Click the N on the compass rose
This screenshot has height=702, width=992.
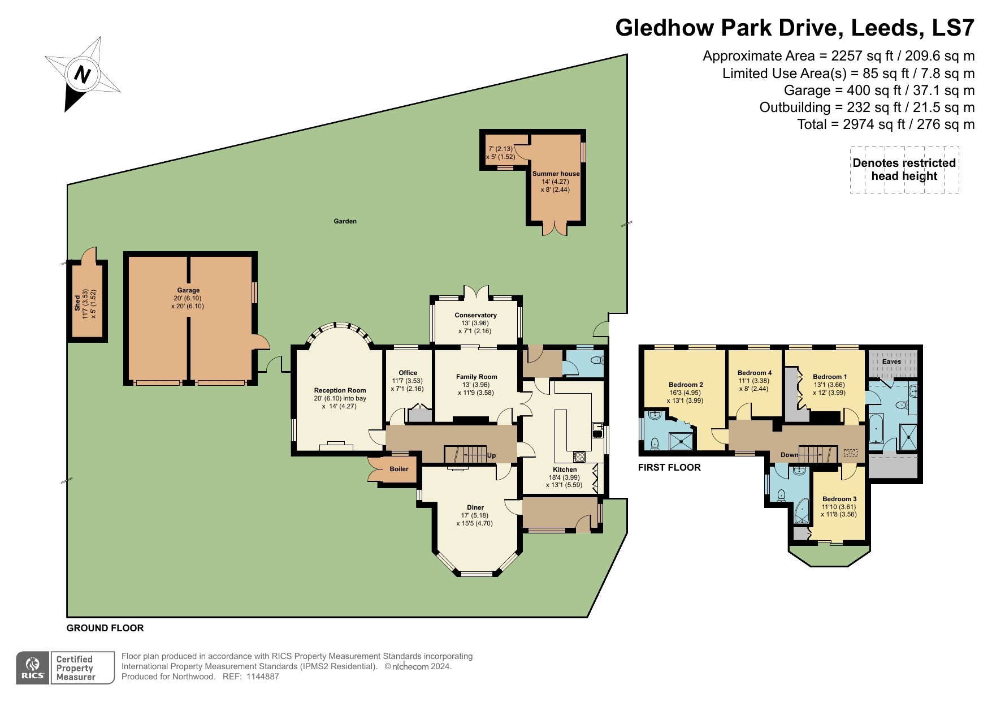click(x=83, y=74)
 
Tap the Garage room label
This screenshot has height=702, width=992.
click(x=188, y=290)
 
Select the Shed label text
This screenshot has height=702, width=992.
click(x=77, y=303)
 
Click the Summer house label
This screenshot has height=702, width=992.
click(x=556, y=174)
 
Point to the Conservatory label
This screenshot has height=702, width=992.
click(x=475, y=315)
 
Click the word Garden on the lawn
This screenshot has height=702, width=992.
click(x=345, y=221)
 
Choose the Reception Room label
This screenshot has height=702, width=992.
click(x=340, y=390)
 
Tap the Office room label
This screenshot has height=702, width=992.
click(x=408, y=373)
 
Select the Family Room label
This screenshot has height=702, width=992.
click(x=476, y=377)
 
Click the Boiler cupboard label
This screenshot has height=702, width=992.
click(x=398, y=469)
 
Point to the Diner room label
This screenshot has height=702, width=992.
click(x=475, y=507)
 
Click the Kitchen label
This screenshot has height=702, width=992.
click(x=565, y=470)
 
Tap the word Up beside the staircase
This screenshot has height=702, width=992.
click(x=491, y=455)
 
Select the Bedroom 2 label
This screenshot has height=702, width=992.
click(x=686, y=385)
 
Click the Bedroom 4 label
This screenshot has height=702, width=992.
click(x=754, y=373)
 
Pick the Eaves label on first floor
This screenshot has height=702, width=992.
click(x=891, y=361)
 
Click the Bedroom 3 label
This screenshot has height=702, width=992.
click(x=839, y=499)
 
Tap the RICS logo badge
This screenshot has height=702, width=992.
click(x=33, y=668)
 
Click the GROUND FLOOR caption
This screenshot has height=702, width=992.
click(x=105, y=628)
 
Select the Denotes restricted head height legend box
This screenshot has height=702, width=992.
click(x=904, y=170)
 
